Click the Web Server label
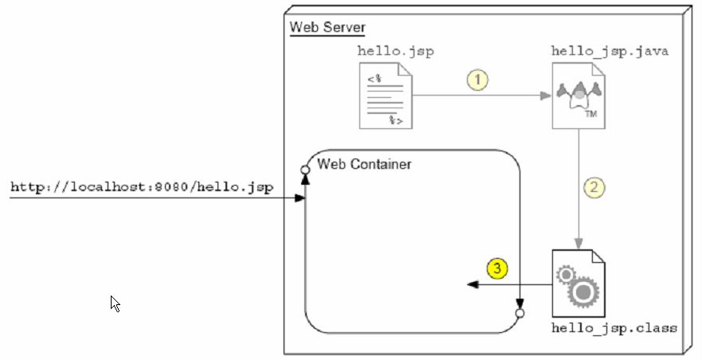click(x=327, y=27)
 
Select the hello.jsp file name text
click(x=396, y=51)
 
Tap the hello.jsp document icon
click(x=386, y=96)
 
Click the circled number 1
click(x=478, y=80)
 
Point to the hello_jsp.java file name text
click(x=610, y=51)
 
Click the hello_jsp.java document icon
click(x=578, y=96)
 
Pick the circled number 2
click(x=594, y=187)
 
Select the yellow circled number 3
click(x=497, y=268)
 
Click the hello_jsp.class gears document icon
click(x=578, y=284)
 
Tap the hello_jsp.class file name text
click(x=614, y=328)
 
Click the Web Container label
click(x=364, y=164)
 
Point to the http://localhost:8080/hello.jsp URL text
click(x=142, y=187)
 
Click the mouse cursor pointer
click(x=115, y=303)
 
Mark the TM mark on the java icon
click(x=591, y=114)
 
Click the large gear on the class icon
click(x=583, y=292)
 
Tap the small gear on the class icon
click(x=566, y=274)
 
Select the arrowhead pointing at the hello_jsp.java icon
click(x=546, y=96)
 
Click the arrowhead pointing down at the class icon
click(x=578, y=244)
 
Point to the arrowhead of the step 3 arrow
click(x=473, y=284)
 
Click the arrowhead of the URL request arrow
click(x=300, y=198)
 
